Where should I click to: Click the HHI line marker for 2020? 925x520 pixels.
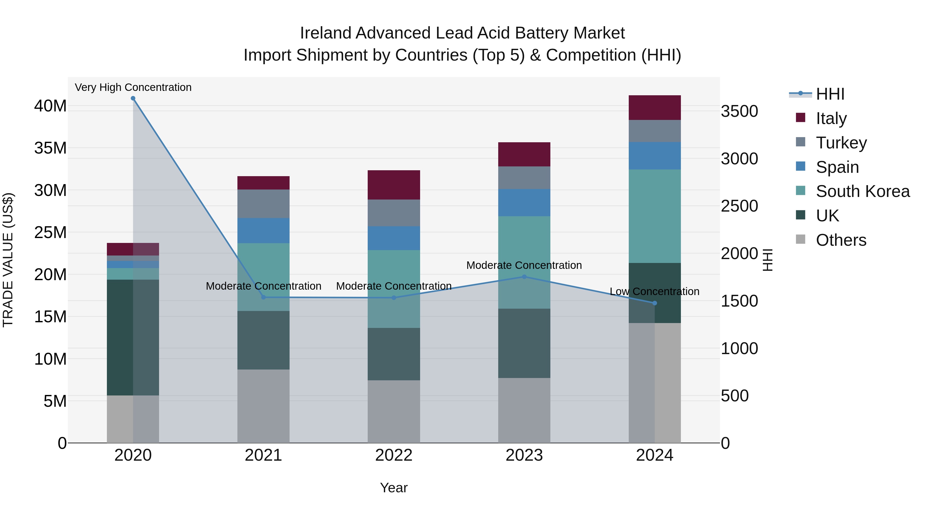pos(133,98)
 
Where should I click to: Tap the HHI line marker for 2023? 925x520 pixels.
pos(524,277)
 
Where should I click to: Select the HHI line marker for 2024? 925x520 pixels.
pos(654,303)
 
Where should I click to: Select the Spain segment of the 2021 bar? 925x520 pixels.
pos(263,231)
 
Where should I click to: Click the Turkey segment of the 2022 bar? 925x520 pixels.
pos(394,213)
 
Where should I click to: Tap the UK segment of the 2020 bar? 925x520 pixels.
pos(120,337)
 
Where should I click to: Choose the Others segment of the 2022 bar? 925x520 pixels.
pos(394,411)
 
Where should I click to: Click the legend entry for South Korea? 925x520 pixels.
pos(863,191)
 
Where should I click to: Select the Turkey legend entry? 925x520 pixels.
pos(841,143)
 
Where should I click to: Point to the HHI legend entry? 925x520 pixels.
pos(829,94)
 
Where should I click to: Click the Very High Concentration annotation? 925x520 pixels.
pos(133,87)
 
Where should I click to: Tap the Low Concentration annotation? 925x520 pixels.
pos(654,291)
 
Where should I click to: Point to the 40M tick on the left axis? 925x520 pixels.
pos(50,106)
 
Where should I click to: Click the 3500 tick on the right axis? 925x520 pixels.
pos(739,111)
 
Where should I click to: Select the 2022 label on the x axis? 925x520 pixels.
pos(394,455)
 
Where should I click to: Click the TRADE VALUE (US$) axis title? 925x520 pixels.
pos(8,260)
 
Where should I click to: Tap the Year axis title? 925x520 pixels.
pos(394,488)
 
